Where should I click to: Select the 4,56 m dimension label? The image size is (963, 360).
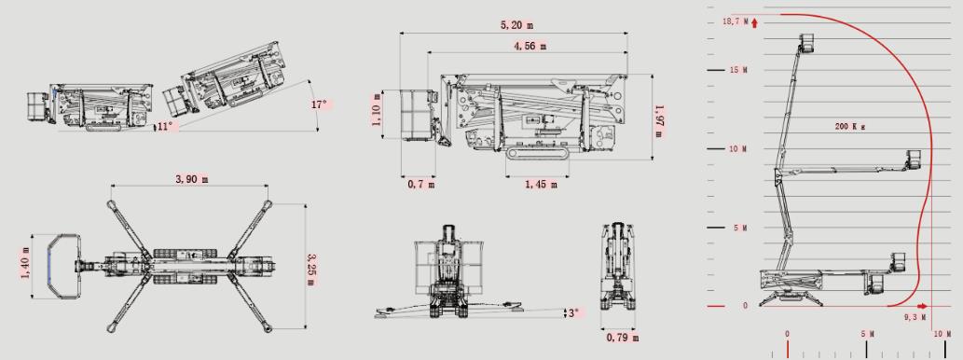click(x=530, y=46)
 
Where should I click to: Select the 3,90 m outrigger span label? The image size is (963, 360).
click(x=192, y=179)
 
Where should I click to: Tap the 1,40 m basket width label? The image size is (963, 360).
click(x=25, y=263)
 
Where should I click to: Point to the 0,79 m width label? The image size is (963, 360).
click(x=622, y=338)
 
